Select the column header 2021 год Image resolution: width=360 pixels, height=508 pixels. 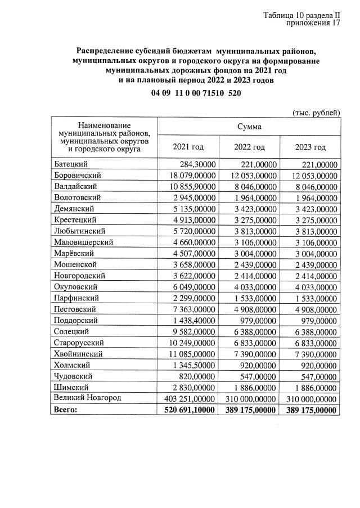tap(188, 147)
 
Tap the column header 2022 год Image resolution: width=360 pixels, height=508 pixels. tap(249, 147)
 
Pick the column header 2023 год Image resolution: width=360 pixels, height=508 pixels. tap(310, 147)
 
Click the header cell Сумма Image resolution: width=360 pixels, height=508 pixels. tap(249, 127)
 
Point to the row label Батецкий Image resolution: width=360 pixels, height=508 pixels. tap(70, 164)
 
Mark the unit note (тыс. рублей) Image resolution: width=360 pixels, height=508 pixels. tap(316, 113)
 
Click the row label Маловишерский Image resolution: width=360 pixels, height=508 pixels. tap(84, 242)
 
